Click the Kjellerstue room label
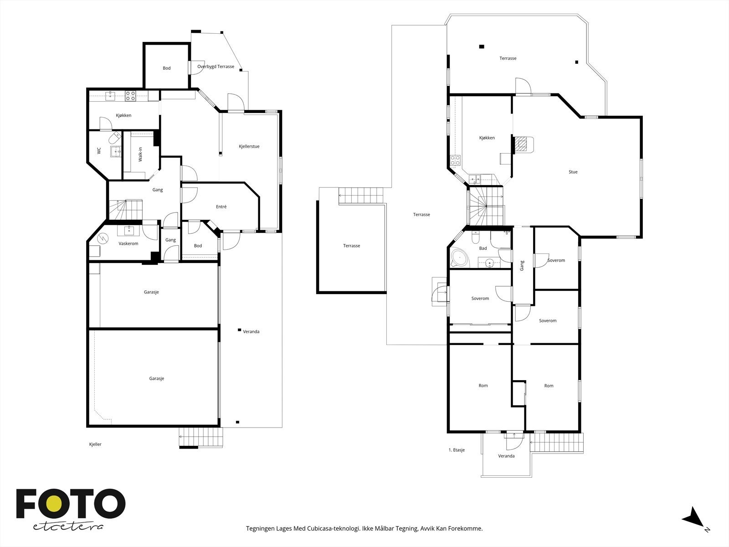[x=249, y=146]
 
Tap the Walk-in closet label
[x=140, y=155]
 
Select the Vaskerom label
[x=128, y=243]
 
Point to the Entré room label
[x=221, y=206]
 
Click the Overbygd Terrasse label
[x=216, y=67]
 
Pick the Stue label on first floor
[x=573, y=172]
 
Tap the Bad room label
[x=483, y=248]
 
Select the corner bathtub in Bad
[x=459, y=258]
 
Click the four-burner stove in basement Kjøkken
[x=130, y=96]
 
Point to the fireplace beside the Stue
[x=523, y=145]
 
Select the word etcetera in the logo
[x=68, y=526]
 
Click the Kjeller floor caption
[x=95, y=444]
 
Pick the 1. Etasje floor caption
[x=457, y=450]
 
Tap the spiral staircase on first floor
[x=486, y=206]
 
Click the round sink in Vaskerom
[x=129, y=231]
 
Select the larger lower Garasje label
[x=156, y=378]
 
